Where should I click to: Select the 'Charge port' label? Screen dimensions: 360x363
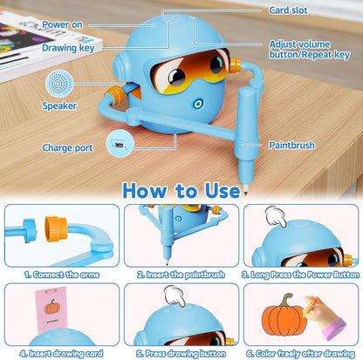coord(67,148)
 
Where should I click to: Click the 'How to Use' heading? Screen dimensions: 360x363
coord(181,191)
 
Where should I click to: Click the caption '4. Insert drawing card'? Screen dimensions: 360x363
coord(60,352)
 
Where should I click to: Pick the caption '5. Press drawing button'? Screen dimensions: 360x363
coord(181,352)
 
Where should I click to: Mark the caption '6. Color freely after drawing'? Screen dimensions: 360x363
coord(301,352)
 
